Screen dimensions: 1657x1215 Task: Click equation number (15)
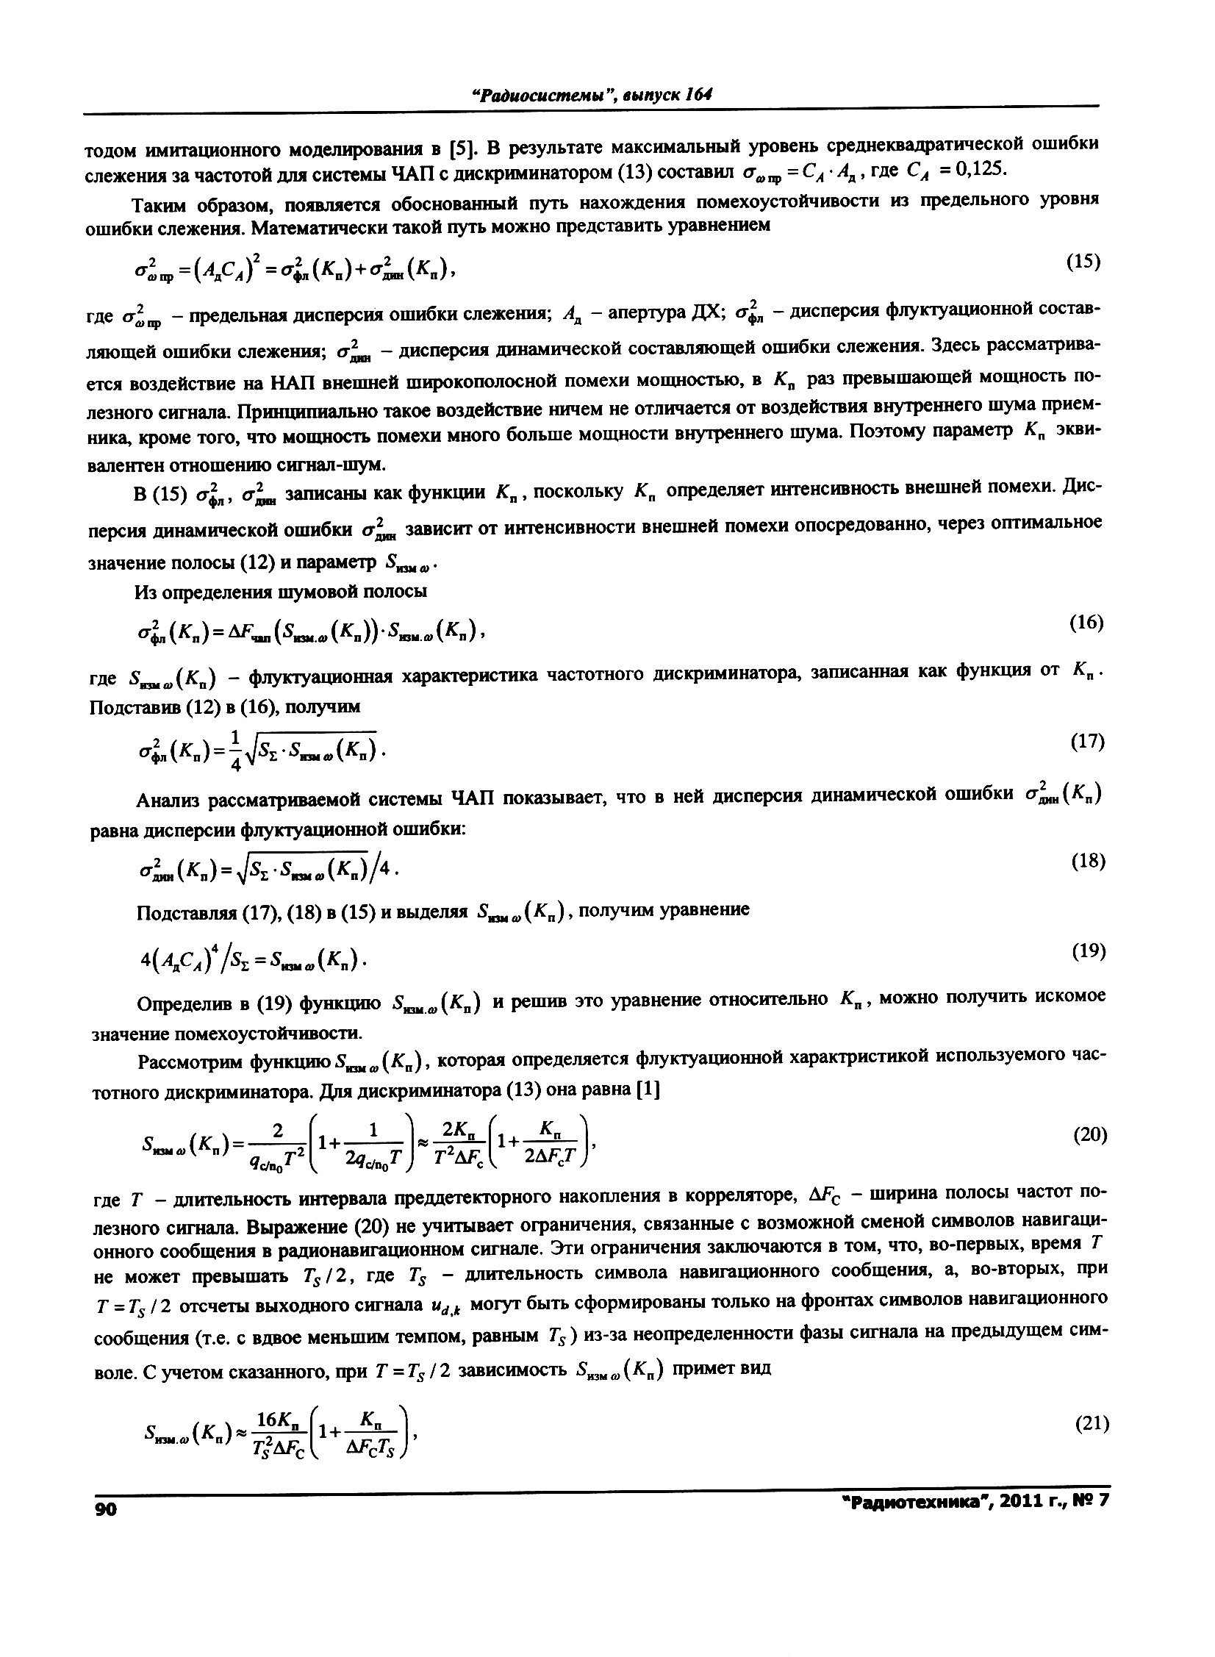1083,262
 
